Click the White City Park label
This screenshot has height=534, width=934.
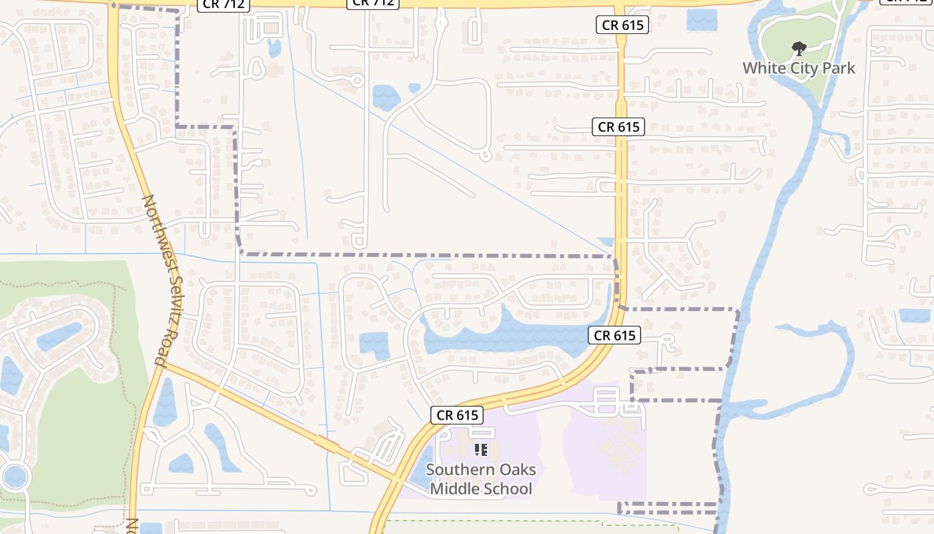(799, 68)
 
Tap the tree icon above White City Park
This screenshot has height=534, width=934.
(798, 48)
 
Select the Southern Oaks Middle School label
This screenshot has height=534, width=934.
(480, 479)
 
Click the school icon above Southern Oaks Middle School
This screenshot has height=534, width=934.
(480, 450)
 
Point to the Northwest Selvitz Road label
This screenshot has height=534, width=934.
(160, 280)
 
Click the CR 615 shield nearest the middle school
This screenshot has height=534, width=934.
(458, 415)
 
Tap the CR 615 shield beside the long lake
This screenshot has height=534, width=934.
(614, 335)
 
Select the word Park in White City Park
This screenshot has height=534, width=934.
(839, 68)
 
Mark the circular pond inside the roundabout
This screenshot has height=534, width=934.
(15, 477)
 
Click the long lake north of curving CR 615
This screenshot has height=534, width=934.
(507, 334)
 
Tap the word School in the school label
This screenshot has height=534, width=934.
(508, 489)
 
